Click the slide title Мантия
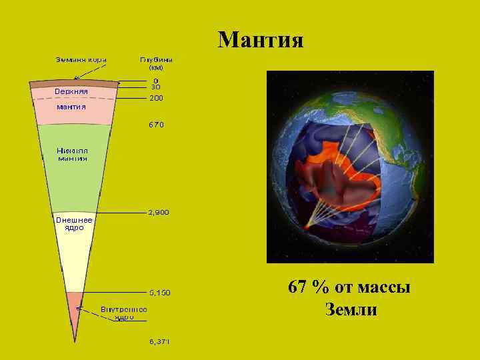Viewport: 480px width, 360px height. (x=261, y=40)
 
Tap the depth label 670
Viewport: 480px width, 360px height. (x=155, y=124)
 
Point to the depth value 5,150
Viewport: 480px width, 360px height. (x=159, y=292)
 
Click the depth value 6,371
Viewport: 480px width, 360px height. (x=159, y=341)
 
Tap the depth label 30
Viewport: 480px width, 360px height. (x=155, y=87)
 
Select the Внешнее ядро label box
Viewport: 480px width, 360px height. (x=73, y=223)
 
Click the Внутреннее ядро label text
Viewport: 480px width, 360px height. (x=124, y=313)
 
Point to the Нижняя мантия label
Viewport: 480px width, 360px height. (x=73, y=155)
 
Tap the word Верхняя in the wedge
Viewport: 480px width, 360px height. (x=71, y=91)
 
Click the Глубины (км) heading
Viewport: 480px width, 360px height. (x=157, y=63)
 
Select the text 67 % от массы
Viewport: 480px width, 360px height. (x=349, y=288)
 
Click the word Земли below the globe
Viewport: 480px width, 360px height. (x=351, y=309)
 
